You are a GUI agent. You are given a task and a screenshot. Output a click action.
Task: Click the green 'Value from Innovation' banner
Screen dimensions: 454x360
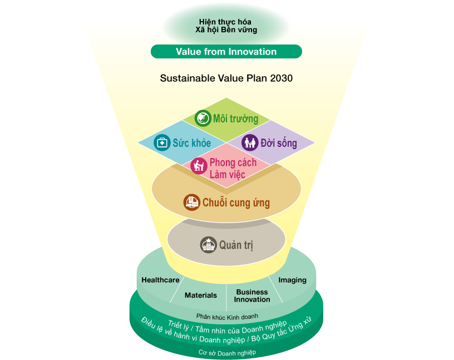click(226, 52)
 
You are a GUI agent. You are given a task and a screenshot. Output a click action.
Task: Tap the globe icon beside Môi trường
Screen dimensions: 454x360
click(203, 118)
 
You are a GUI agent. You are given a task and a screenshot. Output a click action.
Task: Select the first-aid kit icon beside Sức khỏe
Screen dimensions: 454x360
click(162, 142)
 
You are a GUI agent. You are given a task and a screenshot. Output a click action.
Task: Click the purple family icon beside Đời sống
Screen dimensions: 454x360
click(250, 142)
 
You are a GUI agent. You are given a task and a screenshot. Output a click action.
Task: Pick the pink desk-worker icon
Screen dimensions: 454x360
click(199, 166)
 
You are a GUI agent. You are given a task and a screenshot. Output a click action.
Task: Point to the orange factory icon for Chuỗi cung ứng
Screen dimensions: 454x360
click(192, 202)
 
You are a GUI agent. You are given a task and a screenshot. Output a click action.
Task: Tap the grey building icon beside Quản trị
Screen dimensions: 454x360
click(209, 245)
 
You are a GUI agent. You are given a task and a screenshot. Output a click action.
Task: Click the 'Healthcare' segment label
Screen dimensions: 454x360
click(160, 280)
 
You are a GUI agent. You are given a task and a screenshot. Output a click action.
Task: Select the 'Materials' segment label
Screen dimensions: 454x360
click(201, 295)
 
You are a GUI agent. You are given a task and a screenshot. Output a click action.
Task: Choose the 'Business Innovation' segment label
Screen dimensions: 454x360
click(252, 295)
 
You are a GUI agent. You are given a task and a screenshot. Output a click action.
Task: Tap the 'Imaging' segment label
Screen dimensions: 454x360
click(293, 280)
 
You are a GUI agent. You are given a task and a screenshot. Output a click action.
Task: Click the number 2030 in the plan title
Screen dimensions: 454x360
click(281, 78)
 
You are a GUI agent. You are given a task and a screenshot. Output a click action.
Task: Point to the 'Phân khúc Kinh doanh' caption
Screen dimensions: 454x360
click(227, 317)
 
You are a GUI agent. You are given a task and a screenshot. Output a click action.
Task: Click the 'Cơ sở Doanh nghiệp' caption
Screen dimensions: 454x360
click(228, 353)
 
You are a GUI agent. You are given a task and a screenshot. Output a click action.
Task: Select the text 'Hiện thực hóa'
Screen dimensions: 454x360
click(225, 22)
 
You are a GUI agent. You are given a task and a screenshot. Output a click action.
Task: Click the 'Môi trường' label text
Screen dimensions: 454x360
click(236, 119)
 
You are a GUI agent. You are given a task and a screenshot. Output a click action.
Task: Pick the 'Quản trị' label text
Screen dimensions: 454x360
click(236, 245)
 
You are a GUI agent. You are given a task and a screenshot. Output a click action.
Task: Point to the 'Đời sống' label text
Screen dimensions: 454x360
click(279, 143)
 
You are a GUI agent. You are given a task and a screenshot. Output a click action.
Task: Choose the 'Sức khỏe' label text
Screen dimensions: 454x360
click(192, 143)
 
